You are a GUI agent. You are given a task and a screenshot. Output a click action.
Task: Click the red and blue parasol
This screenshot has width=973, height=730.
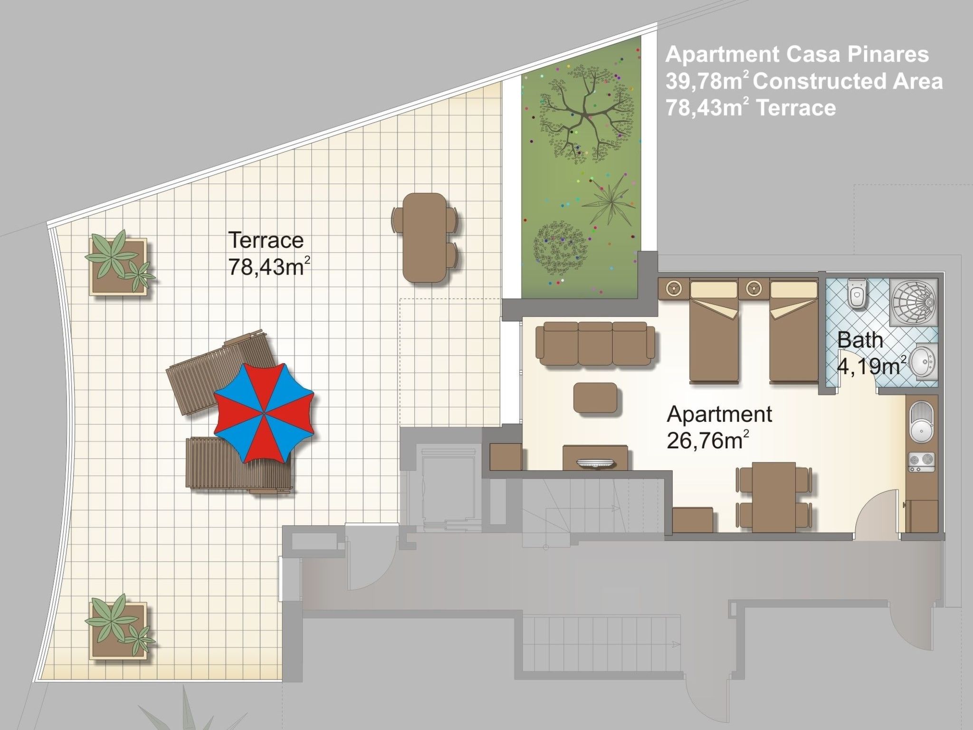(264, 413)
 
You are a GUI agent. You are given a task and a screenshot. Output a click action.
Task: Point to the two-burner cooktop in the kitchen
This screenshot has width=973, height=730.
(921, 462)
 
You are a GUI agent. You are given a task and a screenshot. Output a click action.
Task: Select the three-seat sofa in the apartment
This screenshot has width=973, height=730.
(595, 343)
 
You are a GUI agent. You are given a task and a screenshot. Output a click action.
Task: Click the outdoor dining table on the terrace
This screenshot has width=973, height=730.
(425, 238)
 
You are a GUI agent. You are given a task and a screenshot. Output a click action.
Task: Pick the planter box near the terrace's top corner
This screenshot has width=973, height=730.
(118, 267)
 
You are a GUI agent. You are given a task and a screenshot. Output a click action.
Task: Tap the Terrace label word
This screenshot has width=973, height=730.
(266, 240)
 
